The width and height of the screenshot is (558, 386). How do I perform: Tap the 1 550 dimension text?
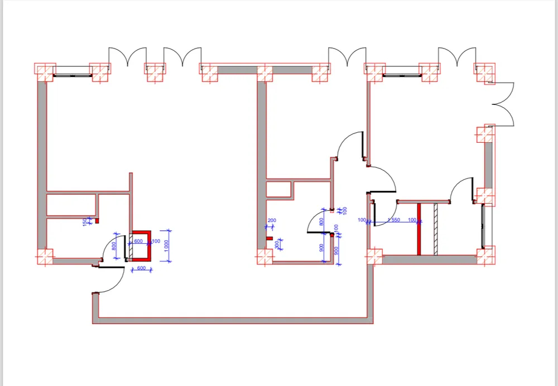click(x=393, y=220)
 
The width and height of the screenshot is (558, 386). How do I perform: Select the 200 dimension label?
click(x=272, y=221)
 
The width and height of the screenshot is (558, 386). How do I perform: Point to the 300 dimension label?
click(x=276, y=244)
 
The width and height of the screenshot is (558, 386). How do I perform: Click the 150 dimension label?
click(x=85, y=222)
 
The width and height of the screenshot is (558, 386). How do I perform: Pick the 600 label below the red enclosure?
click(x=141, y=269)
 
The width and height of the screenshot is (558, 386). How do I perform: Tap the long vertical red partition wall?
click(x=419, y=229)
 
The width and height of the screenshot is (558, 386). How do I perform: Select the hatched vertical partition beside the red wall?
click(x=435, y=229)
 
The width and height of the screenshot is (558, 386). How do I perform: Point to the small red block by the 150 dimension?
click(x=97, y=221)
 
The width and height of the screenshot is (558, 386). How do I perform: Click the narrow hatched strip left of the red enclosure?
click(x=128, y=245)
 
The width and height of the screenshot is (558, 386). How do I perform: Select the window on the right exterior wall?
click(x=483, y=226)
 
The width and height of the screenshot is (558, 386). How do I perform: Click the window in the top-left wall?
click(x=73, y=71)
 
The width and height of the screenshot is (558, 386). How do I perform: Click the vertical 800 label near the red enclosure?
click(x=114, y=246)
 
